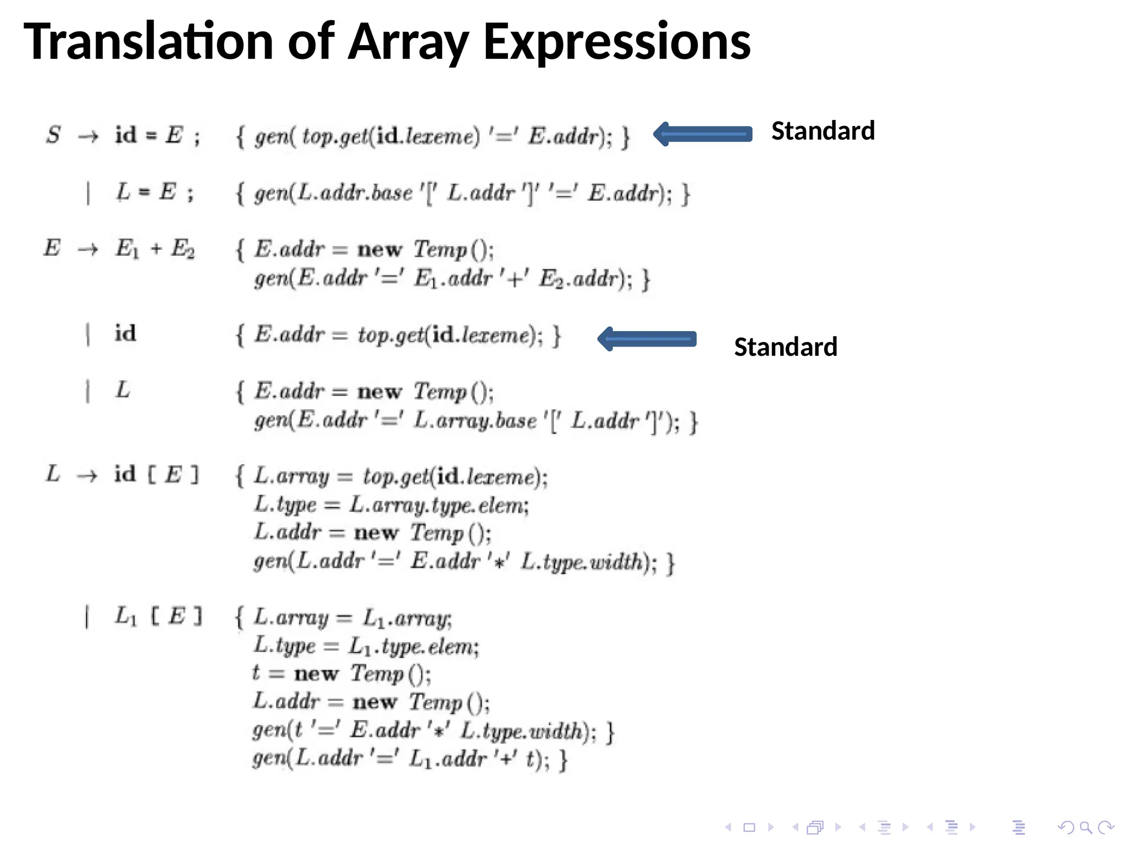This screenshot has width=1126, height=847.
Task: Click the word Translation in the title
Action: [148, 42]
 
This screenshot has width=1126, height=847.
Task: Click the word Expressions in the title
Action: [616, 42]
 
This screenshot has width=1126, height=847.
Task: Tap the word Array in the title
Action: [409, 42]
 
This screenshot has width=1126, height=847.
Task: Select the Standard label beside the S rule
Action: [823, 131]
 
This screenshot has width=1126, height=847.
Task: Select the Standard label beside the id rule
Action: [785, 347]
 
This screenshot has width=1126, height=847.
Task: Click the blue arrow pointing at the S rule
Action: [702, 134]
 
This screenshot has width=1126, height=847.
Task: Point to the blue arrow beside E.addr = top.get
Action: [647, 339]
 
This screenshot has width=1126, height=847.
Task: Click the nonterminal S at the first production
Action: [53, 135]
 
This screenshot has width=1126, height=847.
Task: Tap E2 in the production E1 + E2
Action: [183, 249]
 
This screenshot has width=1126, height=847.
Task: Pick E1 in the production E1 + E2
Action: [127, 249]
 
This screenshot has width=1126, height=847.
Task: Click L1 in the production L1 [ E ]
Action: [125, 617]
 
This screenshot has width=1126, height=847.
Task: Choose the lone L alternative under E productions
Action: [123, 390]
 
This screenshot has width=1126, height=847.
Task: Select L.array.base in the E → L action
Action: [476, 421]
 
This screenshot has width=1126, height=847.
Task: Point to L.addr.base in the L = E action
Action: [355, 193]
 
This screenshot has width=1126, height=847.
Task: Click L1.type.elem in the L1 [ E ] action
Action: [413, 647]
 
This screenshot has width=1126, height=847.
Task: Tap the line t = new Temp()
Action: [341, 674]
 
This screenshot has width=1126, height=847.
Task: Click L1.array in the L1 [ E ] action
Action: [407, 619]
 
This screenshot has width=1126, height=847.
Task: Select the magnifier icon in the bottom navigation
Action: [1085, 827]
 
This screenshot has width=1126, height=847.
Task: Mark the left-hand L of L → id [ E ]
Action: [53, 474]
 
